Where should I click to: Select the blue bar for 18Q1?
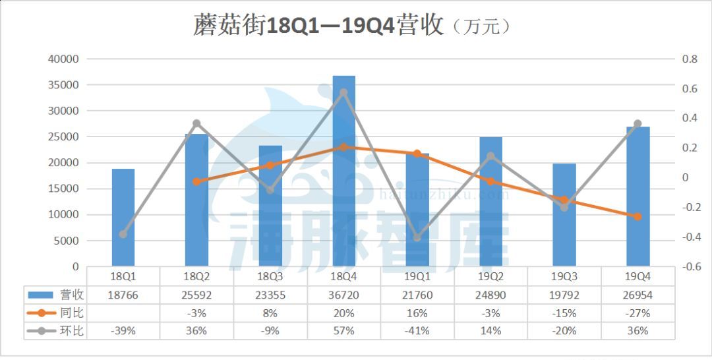tap(123, 218)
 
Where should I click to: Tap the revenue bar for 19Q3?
tap(564, 215)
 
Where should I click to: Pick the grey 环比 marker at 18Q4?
tap(343, 93)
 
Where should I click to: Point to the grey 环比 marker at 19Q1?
tap(417, 237)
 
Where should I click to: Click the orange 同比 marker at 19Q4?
tap(638, 216)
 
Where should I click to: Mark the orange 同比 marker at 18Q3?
tap(270, 165)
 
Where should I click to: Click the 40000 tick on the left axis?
tap(64, 59)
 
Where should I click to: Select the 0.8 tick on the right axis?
tap(690, 59)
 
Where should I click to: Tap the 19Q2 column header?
tap(490, 277)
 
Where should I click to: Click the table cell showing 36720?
tap(343, 295)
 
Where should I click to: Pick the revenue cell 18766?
tap(123, 295)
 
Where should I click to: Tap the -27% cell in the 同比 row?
tap(638, 313)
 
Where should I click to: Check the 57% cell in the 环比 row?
tap(343, 330)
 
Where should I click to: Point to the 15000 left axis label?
tap(64, 189)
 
